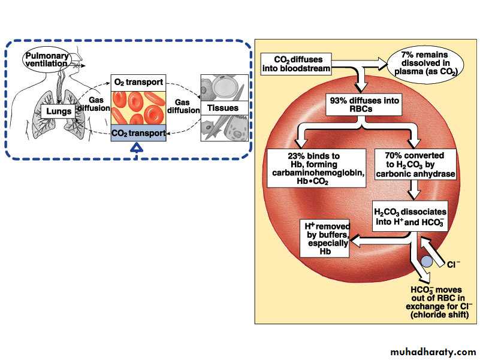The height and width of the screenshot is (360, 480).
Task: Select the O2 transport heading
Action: point(138,82)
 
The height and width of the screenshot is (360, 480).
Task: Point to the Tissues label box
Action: point(222,108)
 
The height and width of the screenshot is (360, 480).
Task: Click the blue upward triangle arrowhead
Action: point(138,149)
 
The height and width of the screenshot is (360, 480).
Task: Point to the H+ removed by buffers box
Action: point(324,238)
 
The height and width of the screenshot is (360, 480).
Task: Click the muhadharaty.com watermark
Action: point(433,350)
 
